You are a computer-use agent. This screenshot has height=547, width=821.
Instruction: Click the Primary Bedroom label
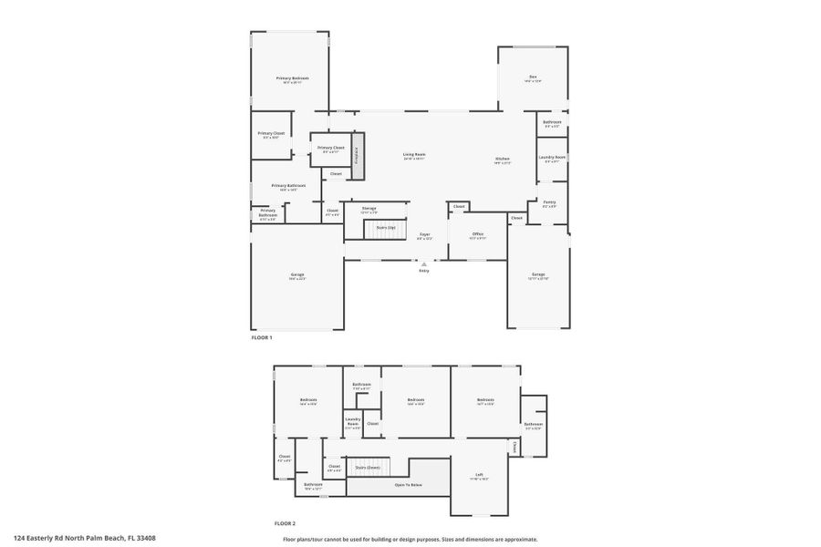coord(292,78)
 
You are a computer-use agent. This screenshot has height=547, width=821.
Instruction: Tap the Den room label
coord(533,77)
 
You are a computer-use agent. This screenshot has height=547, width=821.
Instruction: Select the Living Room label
coord(414,155)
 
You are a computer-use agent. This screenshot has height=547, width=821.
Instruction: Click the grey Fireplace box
coord(359,150)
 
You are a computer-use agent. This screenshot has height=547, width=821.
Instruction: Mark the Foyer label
coord(424,235)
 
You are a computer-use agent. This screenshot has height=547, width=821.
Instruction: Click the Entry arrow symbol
coord(423,263)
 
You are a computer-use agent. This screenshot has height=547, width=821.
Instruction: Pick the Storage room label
coord(369,209)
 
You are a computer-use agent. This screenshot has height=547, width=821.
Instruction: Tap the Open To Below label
coord(407,485)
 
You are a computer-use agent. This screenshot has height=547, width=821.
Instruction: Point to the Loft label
coord(479,475)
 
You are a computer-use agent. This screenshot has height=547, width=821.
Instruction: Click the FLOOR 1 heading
coord(262,338)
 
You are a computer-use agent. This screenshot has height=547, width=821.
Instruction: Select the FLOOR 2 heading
coord(286,523)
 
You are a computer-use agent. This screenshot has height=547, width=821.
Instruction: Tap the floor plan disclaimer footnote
coord(410,539)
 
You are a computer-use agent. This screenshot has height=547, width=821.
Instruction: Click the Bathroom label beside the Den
coord(552,122)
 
